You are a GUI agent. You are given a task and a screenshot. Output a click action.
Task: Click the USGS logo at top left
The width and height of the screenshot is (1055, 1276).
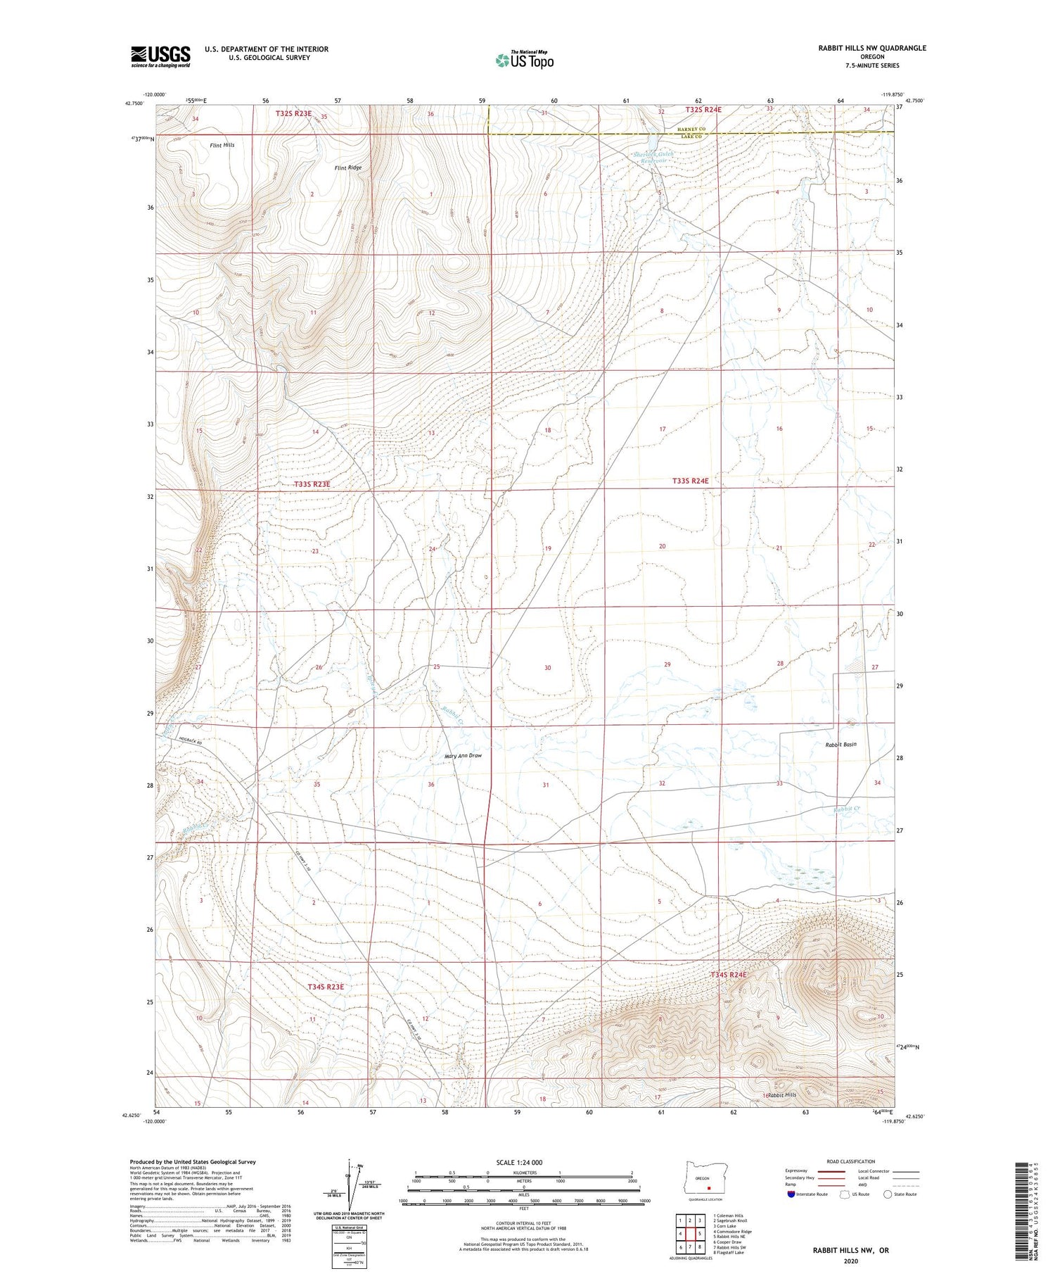pos(160,56)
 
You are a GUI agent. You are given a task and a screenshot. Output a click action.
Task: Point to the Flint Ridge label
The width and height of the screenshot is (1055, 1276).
pos(348,168)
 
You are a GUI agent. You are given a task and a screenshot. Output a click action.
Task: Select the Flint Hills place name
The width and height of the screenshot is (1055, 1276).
pos(222,145)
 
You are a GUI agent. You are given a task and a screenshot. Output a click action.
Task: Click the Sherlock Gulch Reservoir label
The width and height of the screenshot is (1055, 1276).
pos(653,157)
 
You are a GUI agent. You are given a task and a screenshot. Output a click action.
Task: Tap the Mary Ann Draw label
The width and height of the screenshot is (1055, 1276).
pos(463,756)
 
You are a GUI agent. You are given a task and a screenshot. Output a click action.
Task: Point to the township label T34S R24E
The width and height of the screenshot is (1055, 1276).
pos(728,975)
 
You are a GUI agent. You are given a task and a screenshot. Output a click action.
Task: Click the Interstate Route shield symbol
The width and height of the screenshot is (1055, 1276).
pos(791,1194)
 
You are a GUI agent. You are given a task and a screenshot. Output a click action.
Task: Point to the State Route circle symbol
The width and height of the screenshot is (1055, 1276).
pos(888,1194)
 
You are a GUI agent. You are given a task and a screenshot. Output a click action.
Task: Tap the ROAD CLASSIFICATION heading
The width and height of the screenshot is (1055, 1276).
pos(850,1161)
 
